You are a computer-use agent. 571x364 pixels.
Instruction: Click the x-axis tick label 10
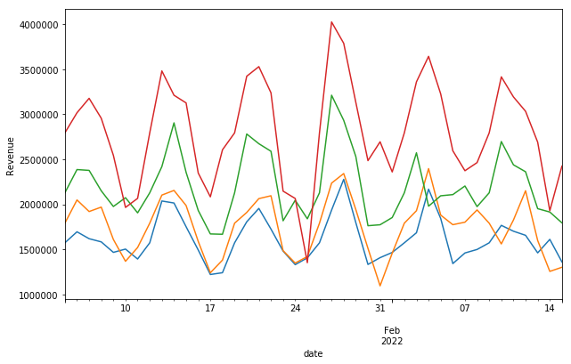tap(126, 309)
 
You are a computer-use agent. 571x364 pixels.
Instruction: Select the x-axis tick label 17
tap(210, 309)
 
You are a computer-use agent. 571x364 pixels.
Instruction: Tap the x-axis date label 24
tap(295, 309)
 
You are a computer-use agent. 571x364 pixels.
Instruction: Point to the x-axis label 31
tap(379, 309)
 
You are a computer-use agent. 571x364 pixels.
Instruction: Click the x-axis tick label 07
tap(464, 309)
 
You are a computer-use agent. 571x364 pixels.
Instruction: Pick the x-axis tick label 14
tap(550, 309)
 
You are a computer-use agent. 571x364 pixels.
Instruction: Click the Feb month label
tap(392, 330)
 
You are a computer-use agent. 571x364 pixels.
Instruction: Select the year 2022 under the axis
tap(392, 341)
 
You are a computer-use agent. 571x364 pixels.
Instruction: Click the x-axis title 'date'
tap(313, 353)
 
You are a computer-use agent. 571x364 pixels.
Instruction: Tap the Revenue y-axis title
tap(11, 156)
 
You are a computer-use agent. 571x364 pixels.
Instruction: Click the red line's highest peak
tap(331, 21)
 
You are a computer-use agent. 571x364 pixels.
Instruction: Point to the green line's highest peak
tap(331, 95)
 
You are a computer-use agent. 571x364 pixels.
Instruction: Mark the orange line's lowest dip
tap(379, 286)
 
